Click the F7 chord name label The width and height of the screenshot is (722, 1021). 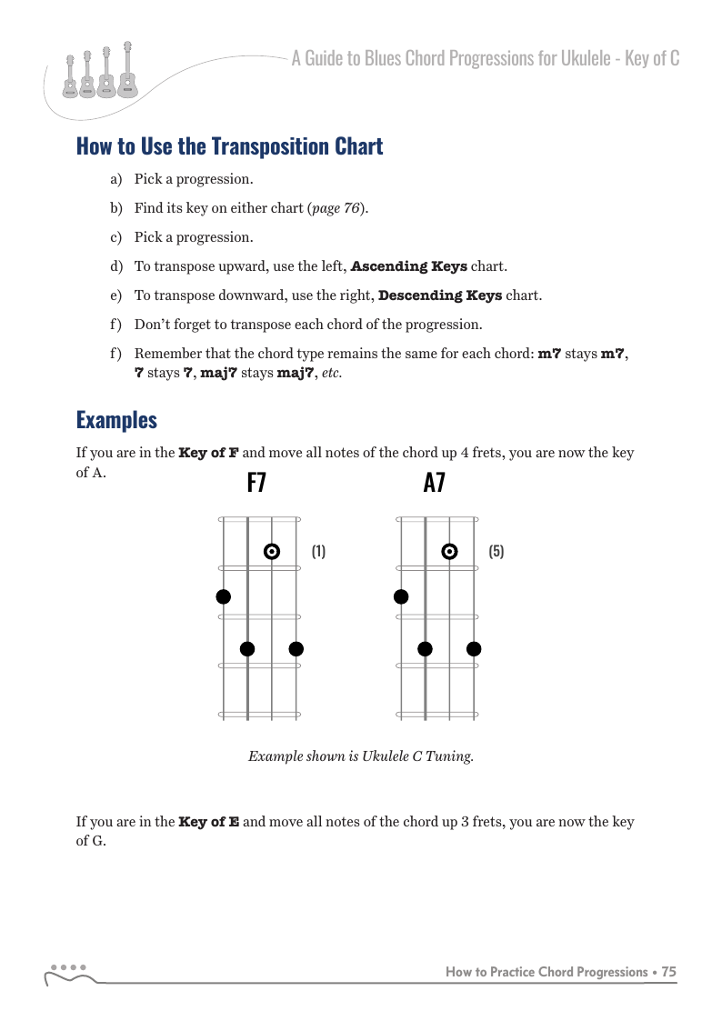[x=256, y=484]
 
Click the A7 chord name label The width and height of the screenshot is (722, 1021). [x=434, y=484]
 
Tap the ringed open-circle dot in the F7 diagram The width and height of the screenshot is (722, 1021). [x=271, y=551]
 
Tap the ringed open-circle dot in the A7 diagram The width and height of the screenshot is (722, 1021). [x=449, y=551]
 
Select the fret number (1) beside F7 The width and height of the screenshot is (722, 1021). [x=318, y=551]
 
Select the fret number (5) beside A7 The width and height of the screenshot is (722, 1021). [x=496, y=551]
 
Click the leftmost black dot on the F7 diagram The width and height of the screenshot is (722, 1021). [x=224, y=596]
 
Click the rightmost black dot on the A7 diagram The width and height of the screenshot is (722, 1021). [x=474, y=648]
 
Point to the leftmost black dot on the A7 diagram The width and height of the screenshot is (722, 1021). [x=401, y=596]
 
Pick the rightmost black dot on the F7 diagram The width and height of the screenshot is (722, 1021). [x=296, y=648]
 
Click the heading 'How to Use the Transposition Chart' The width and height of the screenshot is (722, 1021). [x=229, y=146]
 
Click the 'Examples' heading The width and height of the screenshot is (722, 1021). [x=116, y=420]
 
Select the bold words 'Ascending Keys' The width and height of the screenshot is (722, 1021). [x=409, y=266]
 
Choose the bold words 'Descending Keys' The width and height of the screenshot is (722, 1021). [x=439, y=295]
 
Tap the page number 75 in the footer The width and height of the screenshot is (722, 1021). [x=668, y=972]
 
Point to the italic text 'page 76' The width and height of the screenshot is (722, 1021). [x=336, y=208]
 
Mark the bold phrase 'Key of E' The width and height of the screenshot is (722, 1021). [x=209, y=822]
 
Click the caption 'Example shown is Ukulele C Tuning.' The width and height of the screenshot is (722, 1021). [x=361, y=756]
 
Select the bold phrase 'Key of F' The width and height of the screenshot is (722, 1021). [x=209, y=453]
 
